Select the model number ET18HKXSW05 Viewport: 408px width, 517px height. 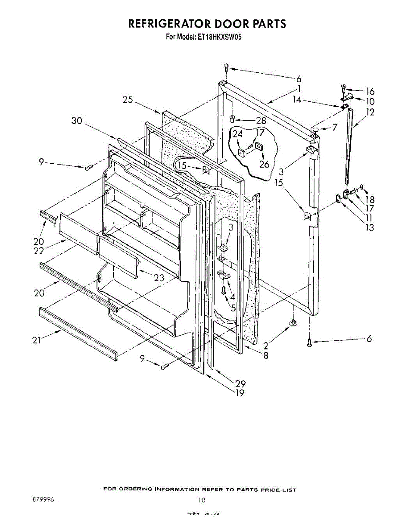pos(219,37)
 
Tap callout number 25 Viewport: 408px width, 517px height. pos(128,100)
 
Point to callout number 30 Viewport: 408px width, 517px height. pos(77,121)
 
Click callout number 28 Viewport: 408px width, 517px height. pos(249,121)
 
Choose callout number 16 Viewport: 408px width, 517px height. pos(370,91)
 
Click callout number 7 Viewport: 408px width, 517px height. pos(334,128)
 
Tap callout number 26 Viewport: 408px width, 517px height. pos(264,164)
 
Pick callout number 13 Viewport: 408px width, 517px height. pos(369,227)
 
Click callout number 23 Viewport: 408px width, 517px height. pos(159,278)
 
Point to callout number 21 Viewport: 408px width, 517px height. pos(37,340)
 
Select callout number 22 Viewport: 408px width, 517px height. pos(39,251)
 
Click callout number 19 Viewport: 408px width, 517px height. pos(240,392)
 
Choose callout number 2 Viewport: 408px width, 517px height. pos(266,345)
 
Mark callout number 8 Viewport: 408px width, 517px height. pos(266,355)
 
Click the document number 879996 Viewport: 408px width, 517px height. pos(43,500)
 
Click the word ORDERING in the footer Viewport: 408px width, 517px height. pos(136,489)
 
